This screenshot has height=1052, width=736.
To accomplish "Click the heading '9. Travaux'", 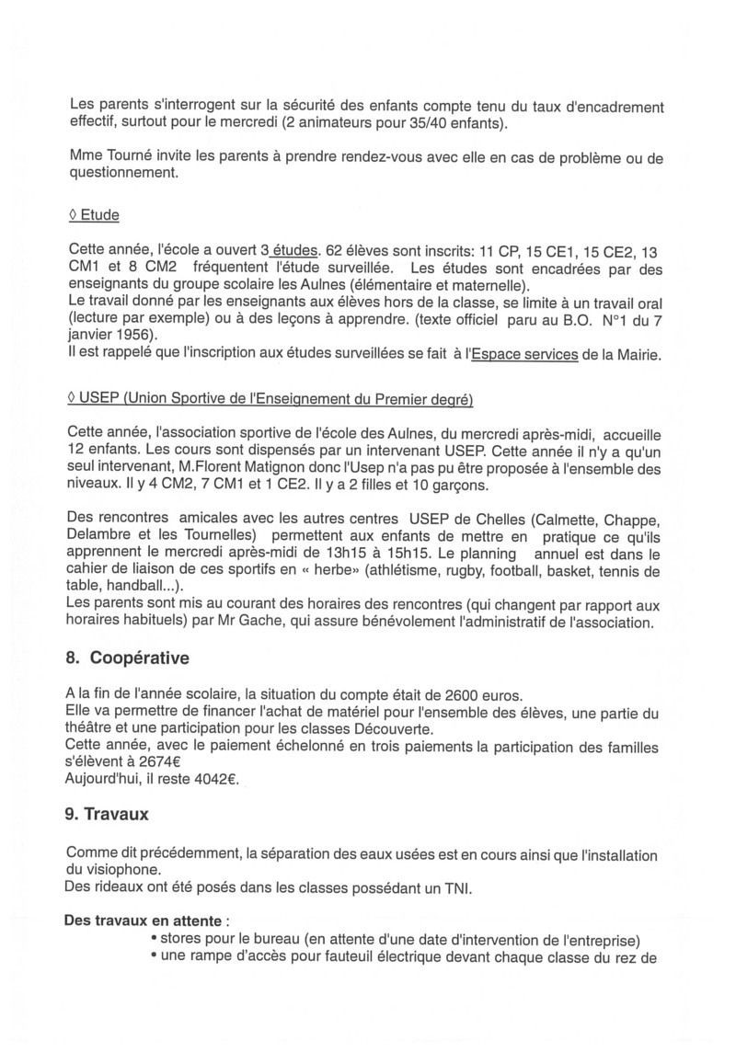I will click(109, 814).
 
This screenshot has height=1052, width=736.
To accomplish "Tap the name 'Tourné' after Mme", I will click(130, 157).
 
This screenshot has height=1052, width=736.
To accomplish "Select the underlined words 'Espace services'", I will click(524, 355).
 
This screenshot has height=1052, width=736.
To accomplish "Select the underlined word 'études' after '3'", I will click(293, 250).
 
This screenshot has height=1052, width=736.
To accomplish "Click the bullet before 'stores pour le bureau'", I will click(153, 940).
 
